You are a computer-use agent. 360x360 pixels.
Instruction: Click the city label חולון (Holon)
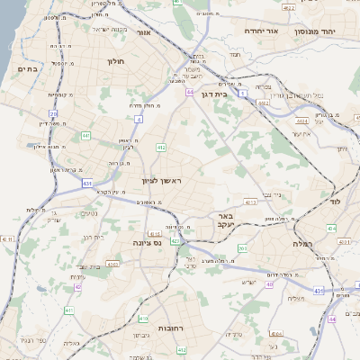pyautogui.click(x=115, y=62)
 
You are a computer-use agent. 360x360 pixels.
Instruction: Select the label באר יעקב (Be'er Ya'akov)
pyautogui.click(x=225, y=222)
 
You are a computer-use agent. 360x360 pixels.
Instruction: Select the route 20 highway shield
pyautogui.click(x=54, y=114)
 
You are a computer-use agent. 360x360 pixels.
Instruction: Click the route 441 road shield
pyautogui.click(x=85, y=135)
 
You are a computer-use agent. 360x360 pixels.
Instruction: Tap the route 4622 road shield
pyautogui.click(x=288, y=8)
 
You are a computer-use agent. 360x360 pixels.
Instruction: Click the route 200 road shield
pyautogui.click(x=242, y=247)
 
